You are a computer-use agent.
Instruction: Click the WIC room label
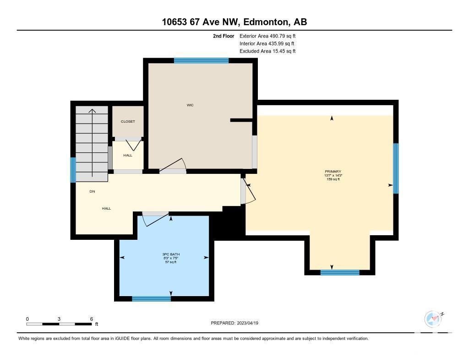pos(190,105)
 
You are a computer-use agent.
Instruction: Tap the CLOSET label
pos(128,121)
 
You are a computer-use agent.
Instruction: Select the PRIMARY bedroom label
pos(333,172)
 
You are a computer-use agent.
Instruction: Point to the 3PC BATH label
pos(171,254)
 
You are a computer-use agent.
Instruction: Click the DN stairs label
pos(92,191)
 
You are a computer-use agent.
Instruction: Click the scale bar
pos(59,324)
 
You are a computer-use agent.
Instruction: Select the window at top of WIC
pos(202,61)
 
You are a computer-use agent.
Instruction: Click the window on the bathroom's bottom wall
pos(151,299)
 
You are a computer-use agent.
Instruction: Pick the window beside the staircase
pos(73,170)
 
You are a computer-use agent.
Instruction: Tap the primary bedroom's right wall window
pos(396,168)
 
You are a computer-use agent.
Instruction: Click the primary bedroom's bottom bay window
pos(340,272)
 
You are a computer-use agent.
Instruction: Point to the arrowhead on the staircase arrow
pos(92,111)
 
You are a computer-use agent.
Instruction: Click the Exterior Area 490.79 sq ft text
pos(267,36)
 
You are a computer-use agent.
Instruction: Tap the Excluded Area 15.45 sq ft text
pos(267,51)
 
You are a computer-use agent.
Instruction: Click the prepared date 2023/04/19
pos(248,323)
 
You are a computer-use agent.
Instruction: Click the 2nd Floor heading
pos(224,36)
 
